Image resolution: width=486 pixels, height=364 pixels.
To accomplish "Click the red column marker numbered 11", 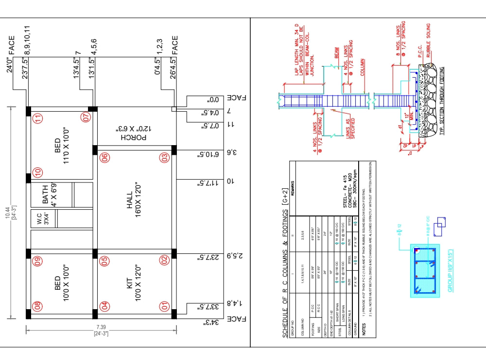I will [37, 118].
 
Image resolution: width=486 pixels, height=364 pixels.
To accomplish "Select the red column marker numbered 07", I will [87, 117].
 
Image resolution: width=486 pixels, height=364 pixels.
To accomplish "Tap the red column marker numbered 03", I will [165, 157].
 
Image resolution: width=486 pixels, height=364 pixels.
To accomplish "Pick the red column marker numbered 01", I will [165, 306].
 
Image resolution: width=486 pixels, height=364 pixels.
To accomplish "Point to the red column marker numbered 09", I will [37, 262].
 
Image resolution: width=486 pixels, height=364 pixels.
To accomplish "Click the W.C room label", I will [42, 220].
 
